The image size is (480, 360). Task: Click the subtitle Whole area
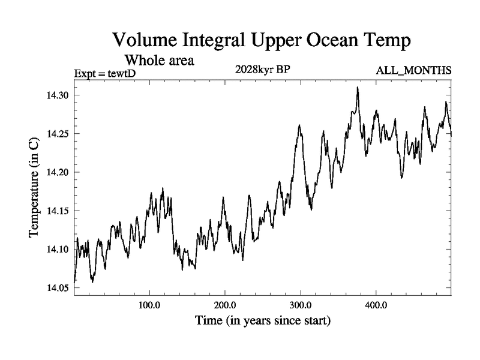159,60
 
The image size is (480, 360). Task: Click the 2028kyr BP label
263,70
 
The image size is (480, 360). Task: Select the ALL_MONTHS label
413,71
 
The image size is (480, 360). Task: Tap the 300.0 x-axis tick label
300,305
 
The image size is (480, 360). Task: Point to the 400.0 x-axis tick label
376,305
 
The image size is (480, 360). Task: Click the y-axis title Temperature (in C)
35,187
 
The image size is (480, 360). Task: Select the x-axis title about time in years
263,322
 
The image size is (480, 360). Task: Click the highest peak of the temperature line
358,88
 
